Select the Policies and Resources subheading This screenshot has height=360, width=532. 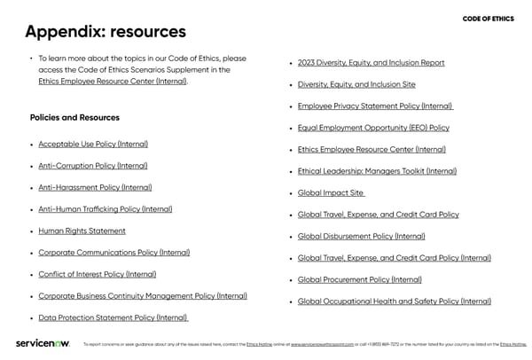pyautogui.click(x=74, y=117)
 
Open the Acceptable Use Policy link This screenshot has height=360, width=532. pyautogui.click(x=93, y=144)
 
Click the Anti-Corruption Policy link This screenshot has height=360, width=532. pyautogui.click(x=93, y=166)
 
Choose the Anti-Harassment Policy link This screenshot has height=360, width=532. pyautogui.click(x=95, y=187)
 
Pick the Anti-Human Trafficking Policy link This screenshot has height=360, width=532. pyautogui.click(x=106, y=209)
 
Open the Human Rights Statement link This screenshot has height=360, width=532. pyautogui.click(x=82, y=231)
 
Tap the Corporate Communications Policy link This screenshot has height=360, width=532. pyautogui.click(x=113, y=253)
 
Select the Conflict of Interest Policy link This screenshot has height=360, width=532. pyautogui.click(x=98, y=274)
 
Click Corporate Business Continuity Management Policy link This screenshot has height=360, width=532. pyautogui.click(x=143, y=296)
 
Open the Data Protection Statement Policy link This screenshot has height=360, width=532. pyautogui.click(x=113, y=317)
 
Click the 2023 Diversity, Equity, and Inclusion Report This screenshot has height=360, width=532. pyautogui.click(x=371, y=63)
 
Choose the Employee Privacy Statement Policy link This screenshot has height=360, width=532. pyautogui.click(x=375, y=106)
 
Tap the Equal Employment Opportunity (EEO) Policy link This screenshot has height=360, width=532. pyautogui.click(x=373, y=128)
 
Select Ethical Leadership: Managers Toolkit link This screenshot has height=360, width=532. pyautogui.click(x=377, y=171)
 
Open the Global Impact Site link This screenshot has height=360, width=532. pyautogui.click(x=331, y=192)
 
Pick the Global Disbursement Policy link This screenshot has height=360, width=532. pyautogui.click(x=361, y=236)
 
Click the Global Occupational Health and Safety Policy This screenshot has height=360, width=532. pyautogui.click(x=394, y=301)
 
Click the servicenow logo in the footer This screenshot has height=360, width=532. pyautogui.click(x=42, y=344)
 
